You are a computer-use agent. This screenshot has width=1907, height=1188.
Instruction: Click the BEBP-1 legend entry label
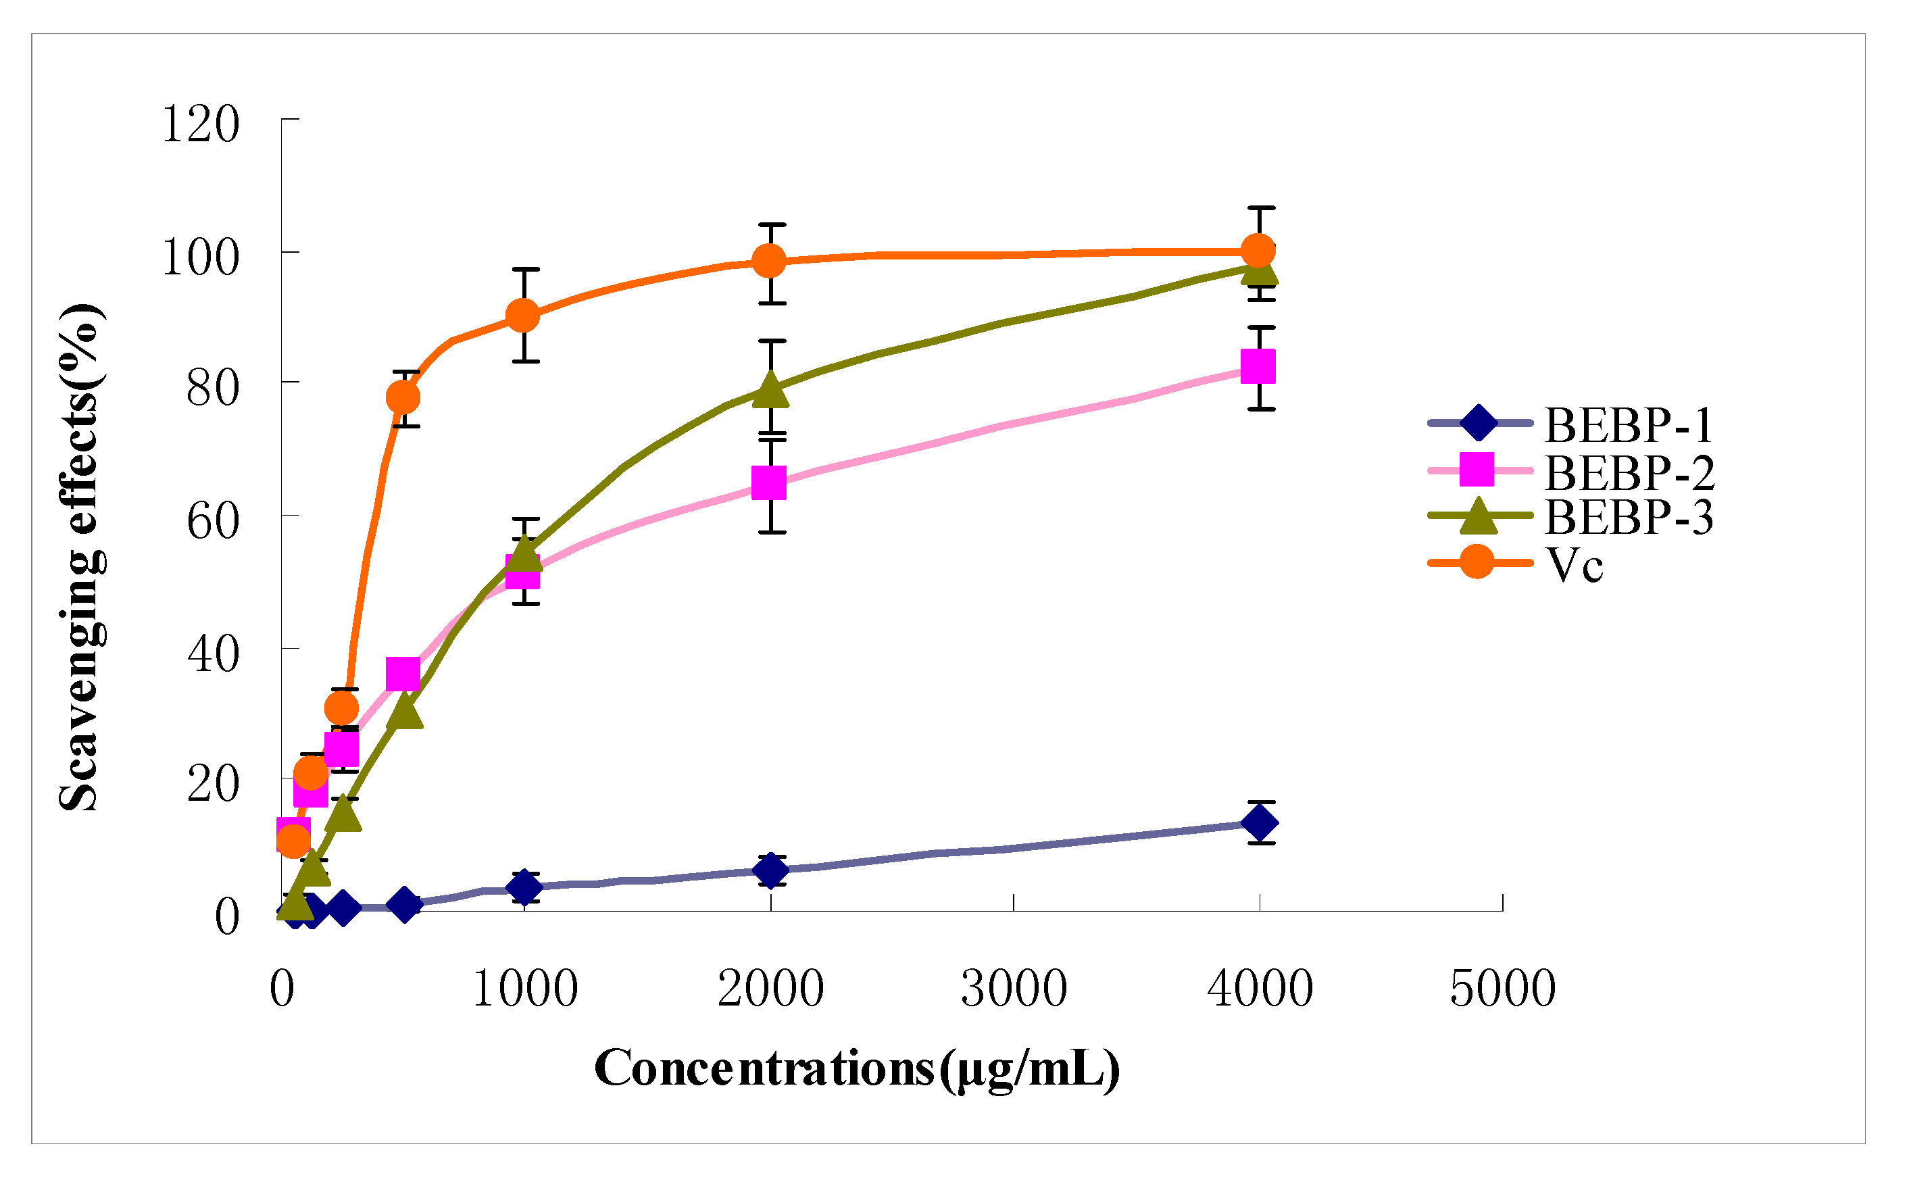click(x=1628, y=426)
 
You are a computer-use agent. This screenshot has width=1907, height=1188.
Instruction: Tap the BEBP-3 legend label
click(x=1629, y=517)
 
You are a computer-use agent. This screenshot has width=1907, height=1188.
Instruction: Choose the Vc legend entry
click(x=1575, y=564)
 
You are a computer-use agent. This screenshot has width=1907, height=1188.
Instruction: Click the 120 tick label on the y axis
click(x=199, y=124)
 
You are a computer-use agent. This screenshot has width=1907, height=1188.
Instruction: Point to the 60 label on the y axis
click(x=212, y=522)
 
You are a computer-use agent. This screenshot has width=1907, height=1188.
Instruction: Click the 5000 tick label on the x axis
click(x=1502, y=989)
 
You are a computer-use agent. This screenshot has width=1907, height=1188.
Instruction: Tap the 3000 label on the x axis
click(x=1014, y=989)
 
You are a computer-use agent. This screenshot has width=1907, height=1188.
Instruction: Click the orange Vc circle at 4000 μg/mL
click(x=1258, y=251)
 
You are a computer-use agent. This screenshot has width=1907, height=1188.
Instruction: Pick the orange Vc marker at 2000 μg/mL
click(x=769, y=260)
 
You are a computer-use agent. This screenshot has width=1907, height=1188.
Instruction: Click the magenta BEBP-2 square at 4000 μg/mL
click(x=1258, y=367)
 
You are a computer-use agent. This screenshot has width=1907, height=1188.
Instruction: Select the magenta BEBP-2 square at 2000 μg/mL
click(x=769, y=483)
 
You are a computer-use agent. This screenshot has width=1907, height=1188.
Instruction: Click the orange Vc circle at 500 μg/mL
click(x=403, y=397)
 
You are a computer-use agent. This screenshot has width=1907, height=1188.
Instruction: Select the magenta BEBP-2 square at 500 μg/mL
click(x=403, y=673)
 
